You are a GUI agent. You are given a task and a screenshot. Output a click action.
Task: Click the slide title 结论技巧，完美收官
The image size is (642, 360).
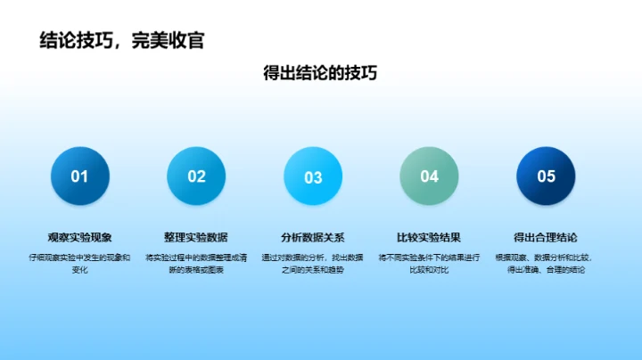click(x=122, y=40)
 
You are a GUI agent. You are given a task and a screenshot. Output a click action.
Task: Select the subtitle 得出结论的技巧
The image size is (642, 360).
click(x=320, y=73)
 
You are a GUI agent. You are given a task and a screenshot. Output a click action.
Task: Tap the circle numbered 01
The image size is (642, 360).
click(x=80, y=176)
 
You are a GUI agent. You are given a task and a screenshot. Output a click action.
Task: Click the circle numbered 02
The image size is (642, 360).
click(x=196, y=176)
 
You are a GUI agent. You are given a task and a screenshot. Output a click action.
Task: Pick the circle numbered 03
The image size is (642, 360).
click(x=313, y=176)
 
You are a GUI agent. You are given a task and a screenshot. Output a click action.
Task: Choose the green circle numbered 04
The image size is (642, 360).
click(x=429, y=176)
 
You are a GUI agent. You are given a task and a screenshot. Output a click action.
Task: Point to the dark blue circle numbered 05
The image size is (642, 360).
click(x=546, y=176)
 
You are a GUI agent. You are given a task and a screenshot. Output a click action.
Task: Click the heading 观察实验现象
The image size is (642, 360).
click(x=80, y=237)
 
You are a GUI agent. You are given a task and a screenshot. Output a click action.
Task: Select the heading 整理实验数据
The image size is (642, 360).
click(x=196, y=237)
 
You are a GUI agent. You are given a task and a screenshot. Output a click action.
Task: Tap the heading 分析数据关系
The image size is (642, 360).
click(x=313, y=237)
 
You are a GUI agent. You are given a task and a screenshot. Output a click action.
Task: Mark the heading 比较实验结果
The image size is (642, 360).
click(x=429, y=237)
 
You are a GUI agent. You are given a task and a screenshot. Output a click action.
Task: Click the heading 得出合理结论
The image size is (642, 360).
click(x=546, y=237)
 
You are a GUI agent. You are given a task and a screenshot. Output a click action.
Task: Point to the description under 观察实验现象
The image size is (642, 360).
click(x=80, y=263)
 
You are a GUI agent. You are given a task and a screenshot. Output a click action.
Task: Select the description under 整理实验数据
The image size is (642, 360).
click(x=196, y=263)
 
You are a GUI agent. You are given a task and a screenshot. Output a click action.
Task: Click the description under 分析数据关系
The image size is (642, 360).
click(x=313, y=263)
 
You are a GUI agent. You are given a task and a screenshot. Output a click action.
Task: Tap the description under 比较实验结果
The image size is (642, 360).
click(x=429, y=263)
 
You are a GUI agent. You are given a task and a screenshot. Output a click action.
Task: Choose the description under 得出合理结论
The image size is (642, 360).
click(x=546, y=263)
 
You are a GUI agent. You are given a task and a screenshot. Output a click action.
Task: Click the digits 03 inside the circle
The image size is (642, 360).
click(x=313, y=177)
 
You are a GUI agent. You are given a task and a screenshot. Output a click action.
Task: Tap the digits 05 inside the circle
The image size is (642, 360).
click(x=546, y=176)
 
